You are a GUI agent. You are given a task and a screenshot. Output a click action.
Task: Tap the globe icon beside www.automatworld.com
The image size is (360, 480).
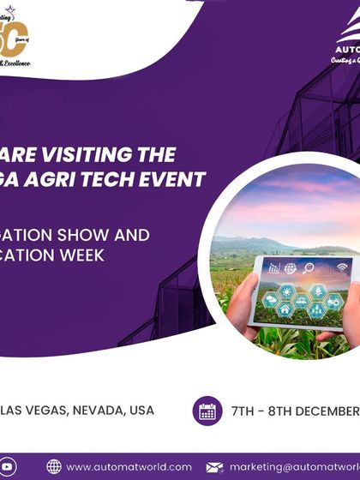(54, 466)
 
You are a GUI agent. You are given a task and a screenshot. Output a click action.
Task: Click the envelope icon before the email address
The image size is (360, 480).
(215, 466)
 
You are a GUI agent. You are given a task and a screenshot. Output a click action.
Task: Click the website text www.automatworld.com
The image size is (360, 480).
(129, 466)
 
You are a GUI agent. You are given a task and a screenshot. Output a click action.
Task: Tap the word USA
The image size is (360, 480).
(141, 410)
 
